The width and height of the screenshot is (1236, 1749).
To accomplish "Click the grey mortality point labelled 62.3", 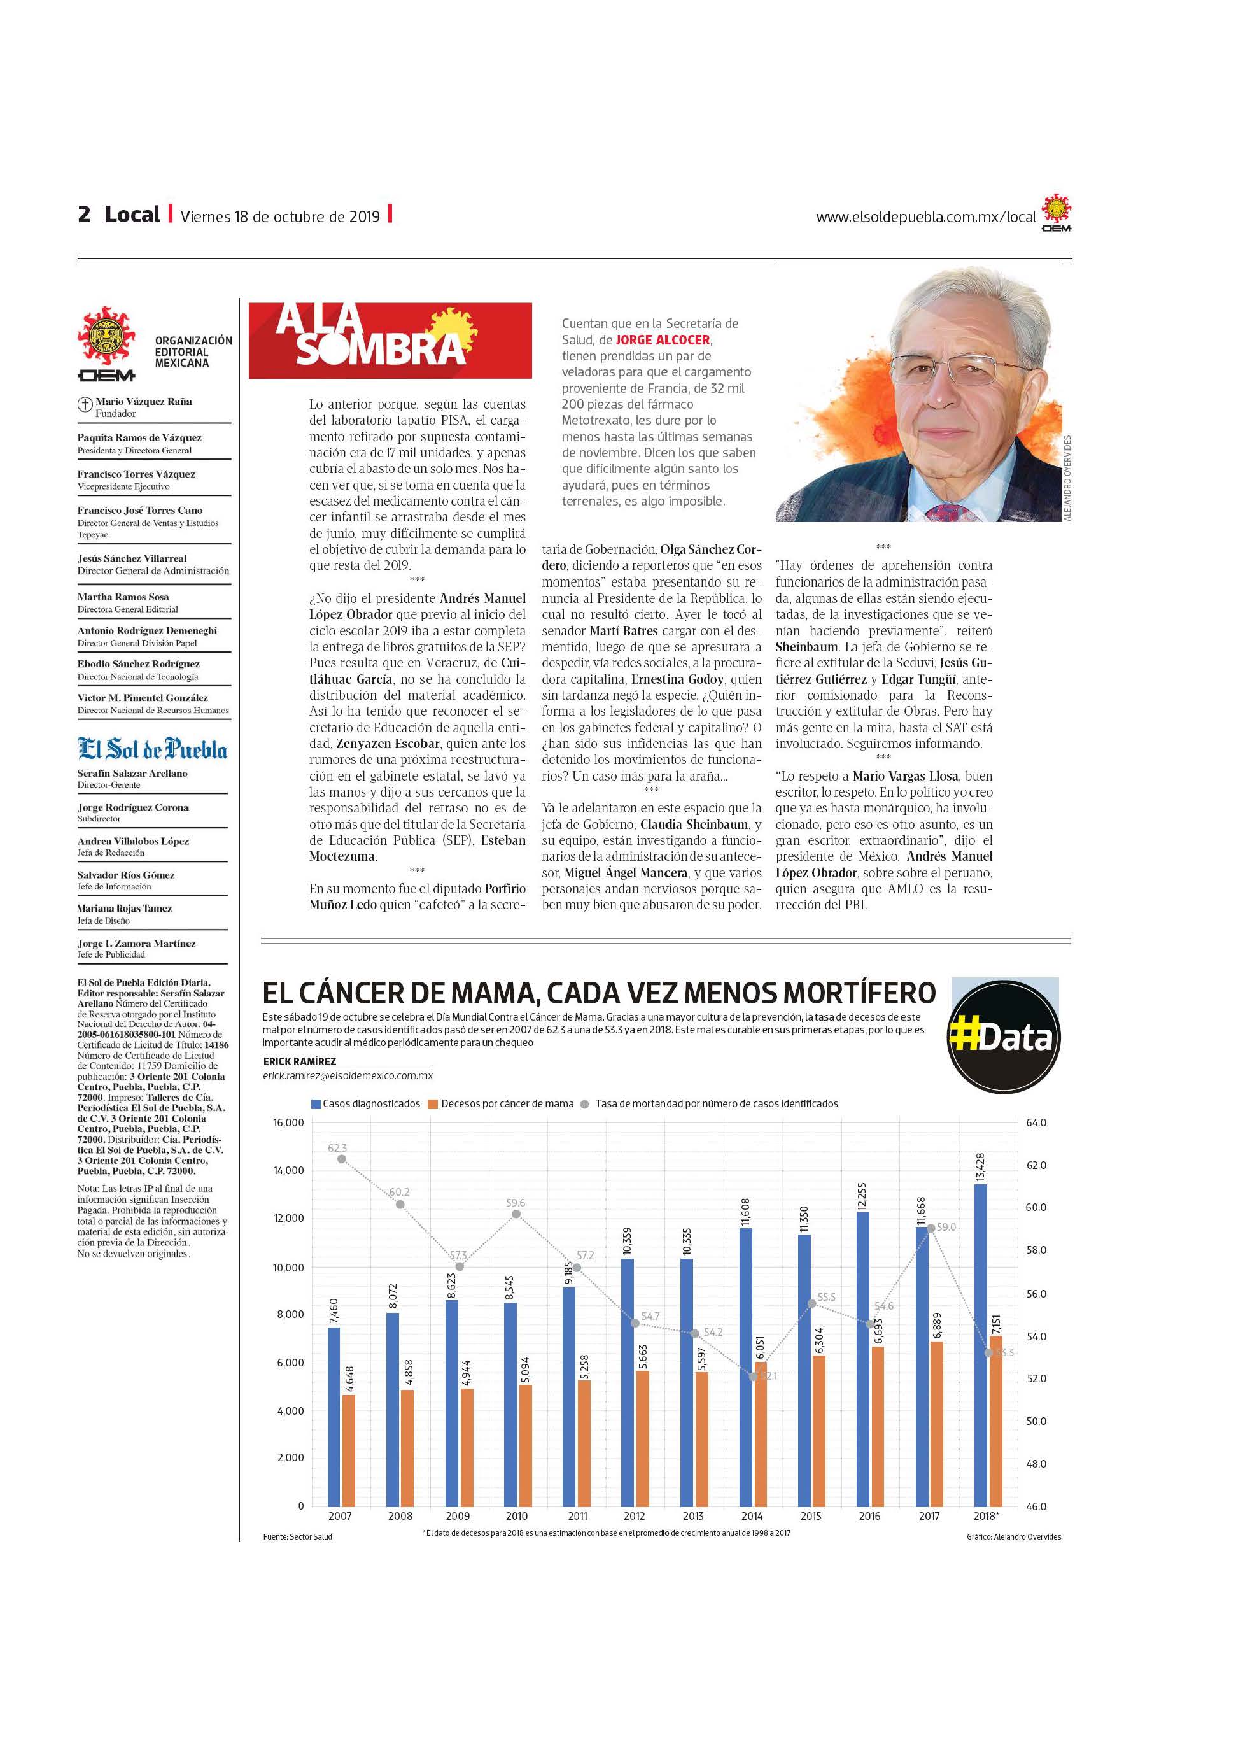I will (x=341, y=1159).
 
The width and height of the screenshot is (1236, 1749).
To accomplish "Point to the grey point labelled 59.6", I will (x=516, y=1214).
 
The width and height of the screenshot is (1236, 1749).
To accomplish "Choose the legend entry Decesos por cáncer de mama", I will (x=507, y=1103).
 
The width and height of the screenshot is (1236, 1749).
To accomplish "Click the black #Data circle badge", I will (x=1004, y=1037).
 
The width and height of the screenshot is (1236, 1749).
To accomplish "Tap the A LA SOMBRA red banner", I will (x=390, y=340).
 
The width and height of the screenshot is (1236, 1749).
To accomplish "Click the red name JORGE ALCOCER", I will (x=663, y=340).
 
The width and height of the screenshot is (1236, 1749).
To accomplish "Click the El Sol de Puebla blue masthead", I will (x=152, y=749).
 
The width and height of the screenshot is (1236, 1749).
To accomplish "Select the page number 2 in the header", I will (x=84, y=215).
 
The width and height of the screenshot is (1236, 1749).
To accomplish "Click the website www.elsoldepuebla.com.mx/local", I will (x=925, y=217).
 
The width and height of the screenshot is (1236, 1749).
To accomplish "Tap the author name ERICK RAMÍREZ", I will (x=299, y=1061).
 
